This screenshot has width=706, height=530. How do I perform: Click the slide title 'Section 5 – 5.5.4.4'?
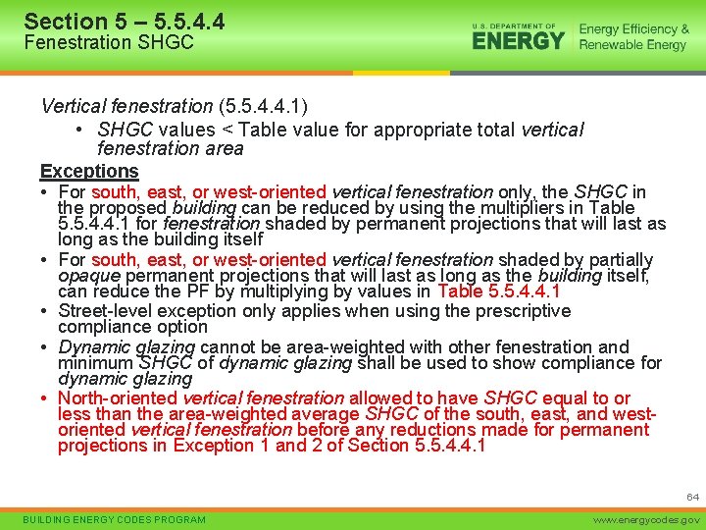point(124,21)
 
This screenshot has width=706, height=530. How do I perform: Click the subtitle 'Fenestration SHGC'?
point(109,42)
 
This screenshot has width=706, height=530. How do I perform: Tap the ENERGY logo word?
point(519,41)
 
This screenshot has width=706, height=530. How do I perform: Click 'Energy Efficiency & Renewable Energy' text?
point(633,37)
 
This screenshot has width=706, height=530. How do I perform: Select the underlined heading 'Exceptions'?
point(89,171)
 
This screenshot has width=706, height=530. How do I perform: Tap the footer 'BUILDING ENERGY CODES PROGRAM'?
point(115,519)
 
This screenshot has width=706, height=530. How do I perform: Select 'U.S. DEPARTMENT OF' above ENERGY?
point(513,25)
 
